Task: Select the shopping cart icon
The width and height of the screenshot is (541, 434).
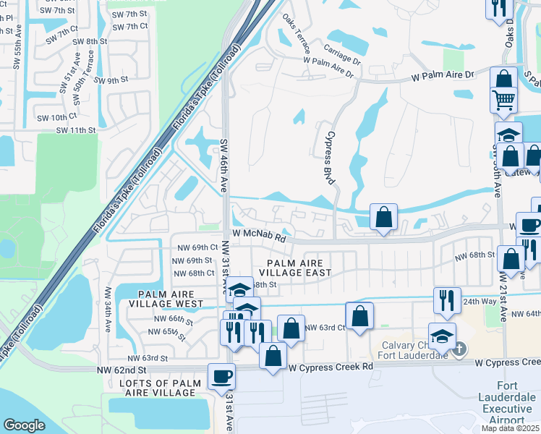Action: coord(503,99)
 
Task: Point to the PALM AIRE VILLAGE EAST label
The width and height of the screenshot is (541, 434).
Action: coord(299,268)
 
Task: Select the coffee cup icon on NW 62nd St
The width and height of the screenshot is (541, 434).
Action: coord(221,375)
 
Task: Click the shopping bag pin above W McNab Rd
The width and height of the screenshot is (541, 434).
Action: coord(383,216)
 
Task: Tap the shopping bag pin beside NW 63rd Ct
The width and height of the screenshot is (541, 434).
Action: coord(359,315)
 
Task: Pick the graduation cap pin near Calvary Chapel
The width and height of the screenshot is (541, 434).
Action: coord(442,335)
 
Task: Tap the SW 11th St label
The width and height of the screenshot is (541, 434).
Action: coord(77,130)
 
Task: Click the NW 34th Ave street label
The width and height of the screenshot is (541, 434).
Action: coord(107,310)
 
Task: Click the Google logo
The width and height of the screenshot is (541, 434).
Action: coord(24,425)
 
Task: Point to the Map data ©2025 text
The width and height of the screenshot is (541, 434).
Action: coord(510,428)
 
